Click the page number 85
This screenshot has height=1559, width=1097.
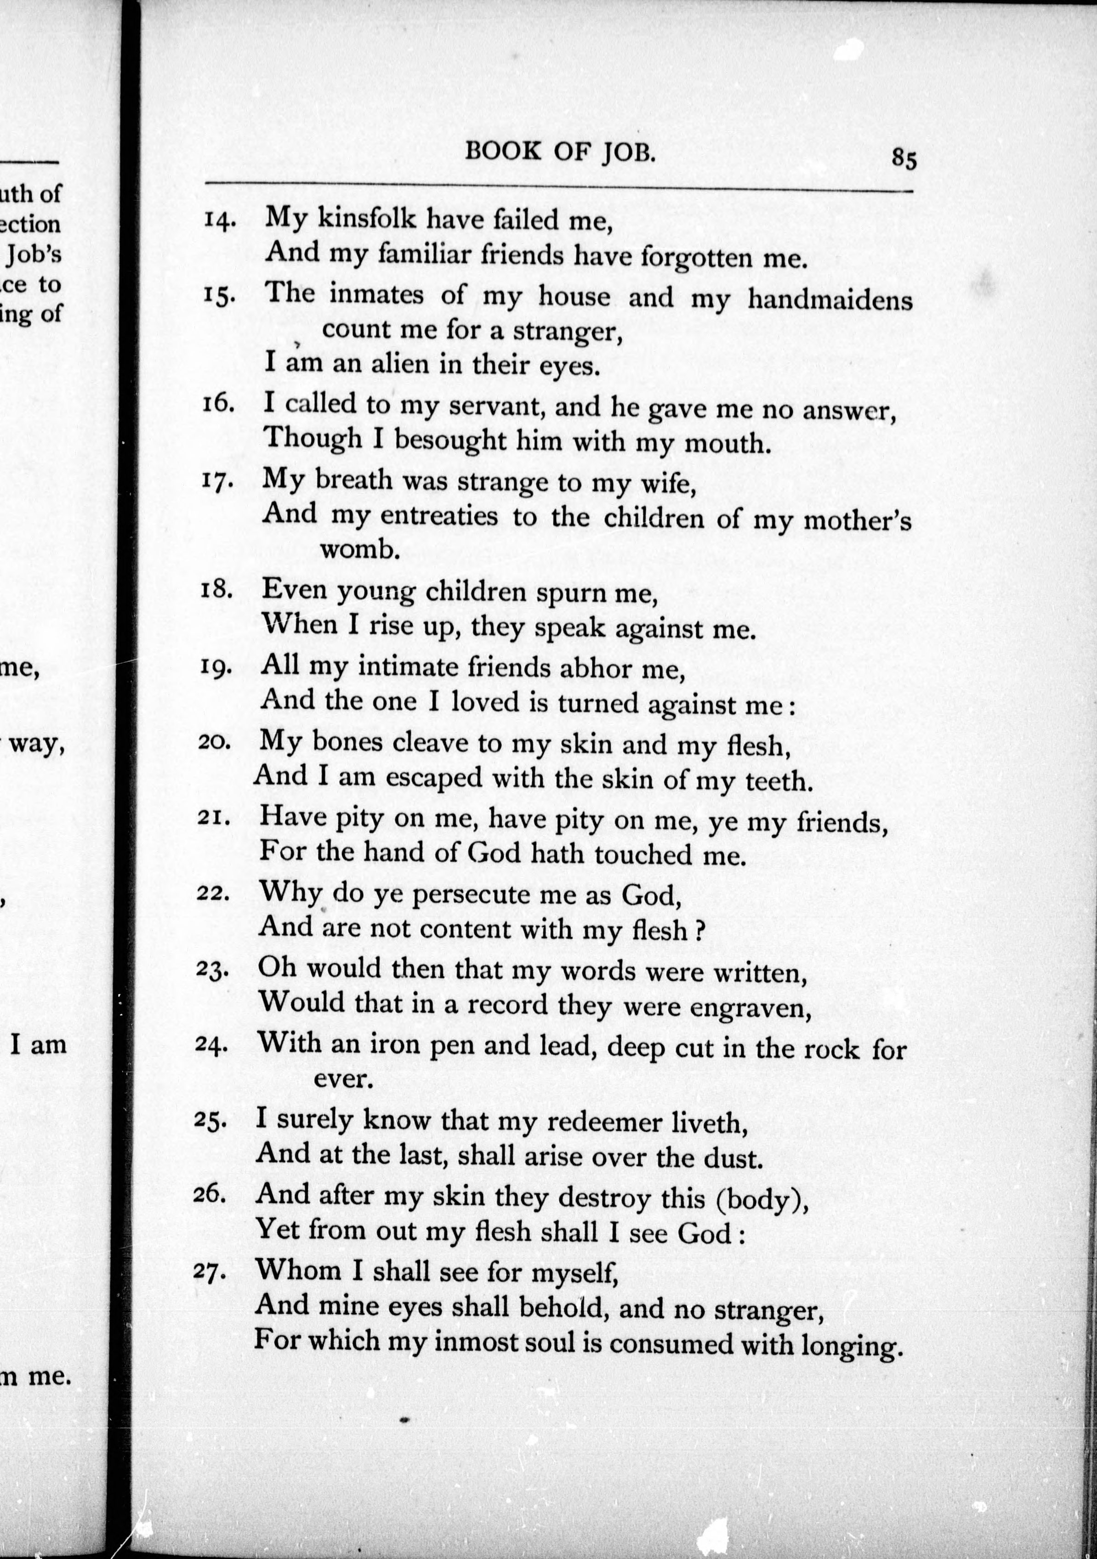tap(904, 159)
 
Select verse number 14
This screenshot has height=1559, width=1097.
tap(219, 220)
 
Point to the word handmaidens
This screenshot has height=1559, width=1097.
tap(830, 299)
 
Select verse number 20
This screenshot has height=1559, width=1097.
tap(215, 742)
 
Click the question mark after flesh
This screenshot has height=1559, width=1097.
tap(699, 930)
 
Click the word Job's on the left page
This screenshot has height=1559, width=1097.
tap(34, 254)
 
